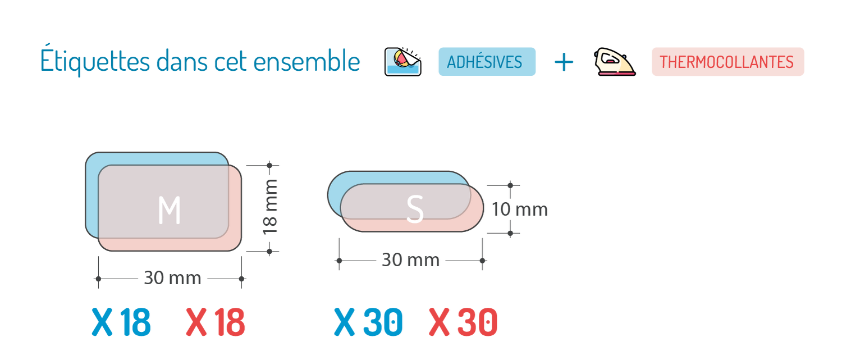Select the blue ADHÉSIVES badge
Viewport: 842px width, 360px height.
click(487, 62)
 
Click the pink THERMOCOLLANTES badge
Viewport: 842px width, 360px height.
click(727, 62)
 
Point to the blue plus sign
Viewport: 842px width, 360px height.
click(564, 62)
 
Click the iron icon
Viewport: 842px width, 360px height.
click(614, 62)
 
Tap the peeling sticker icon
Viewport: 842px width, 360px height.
click(402, 62)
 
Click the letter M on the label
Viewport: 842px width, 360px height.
click(169, 211)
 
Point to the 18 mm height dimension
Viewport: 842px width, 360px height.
click(270, 208)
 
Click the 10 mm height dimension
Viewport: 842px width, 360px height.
click(520, 209)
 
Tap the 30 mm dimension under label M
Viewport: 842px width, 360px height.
click(172, 278)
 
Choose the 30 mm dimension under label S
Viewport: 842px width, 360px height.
click(410, 261)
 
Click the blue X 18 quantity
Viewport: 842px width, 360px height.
click(121, 323)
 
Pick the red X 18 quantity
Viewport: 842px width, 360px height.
click(215, 323)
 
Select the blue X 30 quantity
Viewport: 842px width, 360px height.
click(368, 323)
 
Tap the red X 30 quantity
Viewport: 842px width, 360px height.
click(463, 323)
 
